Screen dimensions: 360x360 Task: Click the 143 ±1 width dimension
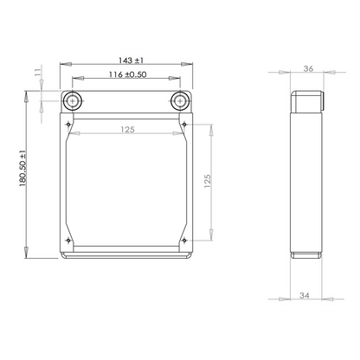(131, 61)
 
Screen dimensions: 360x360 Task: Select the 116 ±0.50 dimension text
(127, 74)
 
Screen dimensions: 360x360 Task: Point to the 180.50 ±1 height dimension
(22, 168)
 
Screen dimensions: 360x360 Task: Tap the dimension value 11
(37, 73)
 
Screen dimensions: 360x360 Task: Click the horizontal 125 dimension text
(127, 130)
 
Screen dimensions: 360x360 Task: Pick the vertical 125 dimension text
(208, 181)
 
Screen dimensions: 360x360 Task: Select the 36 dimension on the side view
(308, 68)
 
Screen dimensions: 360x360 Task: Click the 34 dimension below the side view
(304, 295)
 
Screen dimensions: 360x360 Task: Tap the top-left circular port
(72, 101)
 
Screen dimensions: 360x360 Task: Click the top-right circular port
(180, 101)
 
